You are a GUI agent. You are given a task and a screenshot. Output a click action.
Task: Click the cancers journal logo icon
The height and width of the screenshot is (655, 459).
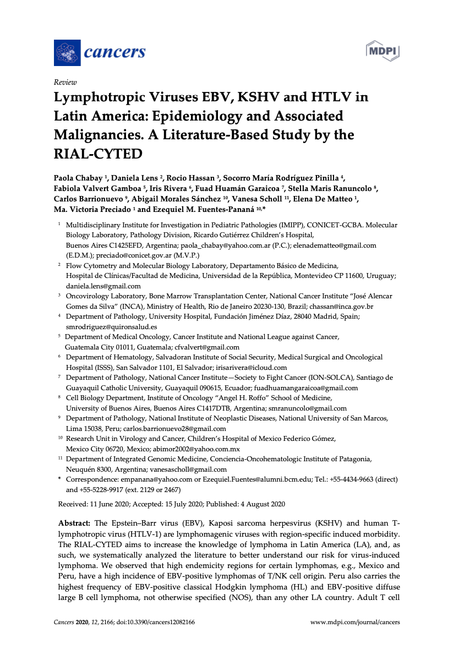(67, 53)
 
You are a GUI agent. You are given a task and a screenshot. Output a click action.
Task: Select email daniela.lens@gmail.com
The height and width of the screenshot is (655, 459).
(103, 286)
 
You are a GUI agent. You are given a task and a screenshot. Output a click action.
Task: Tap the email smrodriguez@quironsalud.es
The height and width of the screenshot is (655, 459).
(111, 326)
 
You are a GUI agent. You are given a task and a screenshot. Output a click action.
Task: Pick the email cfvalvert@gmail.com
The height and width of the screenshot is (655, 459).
(207, 347)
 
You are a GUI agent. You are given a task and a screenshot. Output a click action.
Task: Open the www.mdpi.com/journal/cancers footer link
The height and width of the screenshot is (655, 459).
(355, 623)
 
